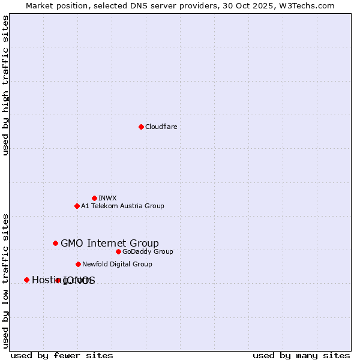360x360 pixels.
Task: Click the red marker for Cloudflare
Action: (141, 127)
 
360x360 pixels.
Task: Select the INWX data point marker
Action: (94, 198)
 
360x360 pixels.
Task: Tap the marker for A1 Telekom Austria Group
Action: (77, 206)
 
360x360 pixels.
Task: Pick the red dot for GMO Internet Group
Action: (55, 243)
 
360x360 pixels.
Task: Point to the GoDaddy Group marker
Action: (118, 251)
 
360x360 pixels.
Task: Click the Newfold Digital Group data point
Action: (78, 264)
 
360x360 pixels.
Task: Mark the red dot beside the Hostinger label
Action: (26, 280)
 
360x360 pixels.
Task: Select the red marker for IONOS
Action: (58, 280)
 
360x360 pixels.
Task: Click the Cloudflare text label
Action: (161, 127)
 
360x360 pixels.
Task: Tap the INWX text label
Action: (107, 198)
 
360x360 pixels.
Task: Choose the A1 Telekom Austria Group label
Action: (122, 206)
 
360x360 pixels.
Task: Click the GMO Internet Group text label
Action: (110, 243)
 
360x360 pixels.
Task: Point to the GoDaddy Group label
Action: (148, 251)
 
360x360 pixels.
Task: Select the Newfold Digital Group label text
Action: (117, 264)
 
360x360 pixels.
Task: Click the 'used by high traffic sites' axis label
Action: (6, 85)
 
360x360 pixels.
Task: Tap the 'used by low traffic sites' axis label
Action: (6, 280)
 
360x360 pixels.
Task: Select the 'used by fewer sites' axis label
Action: (62, 355)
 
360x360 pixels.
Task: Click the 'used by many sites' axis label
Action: (301, 355)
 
